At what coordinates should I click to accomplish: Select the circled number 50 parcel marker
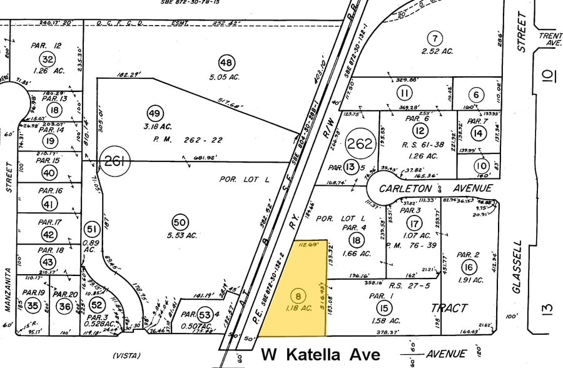180,222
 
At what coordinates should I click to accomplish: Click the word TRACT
449,308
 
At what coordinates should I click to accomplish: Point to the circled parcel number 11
405,93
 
